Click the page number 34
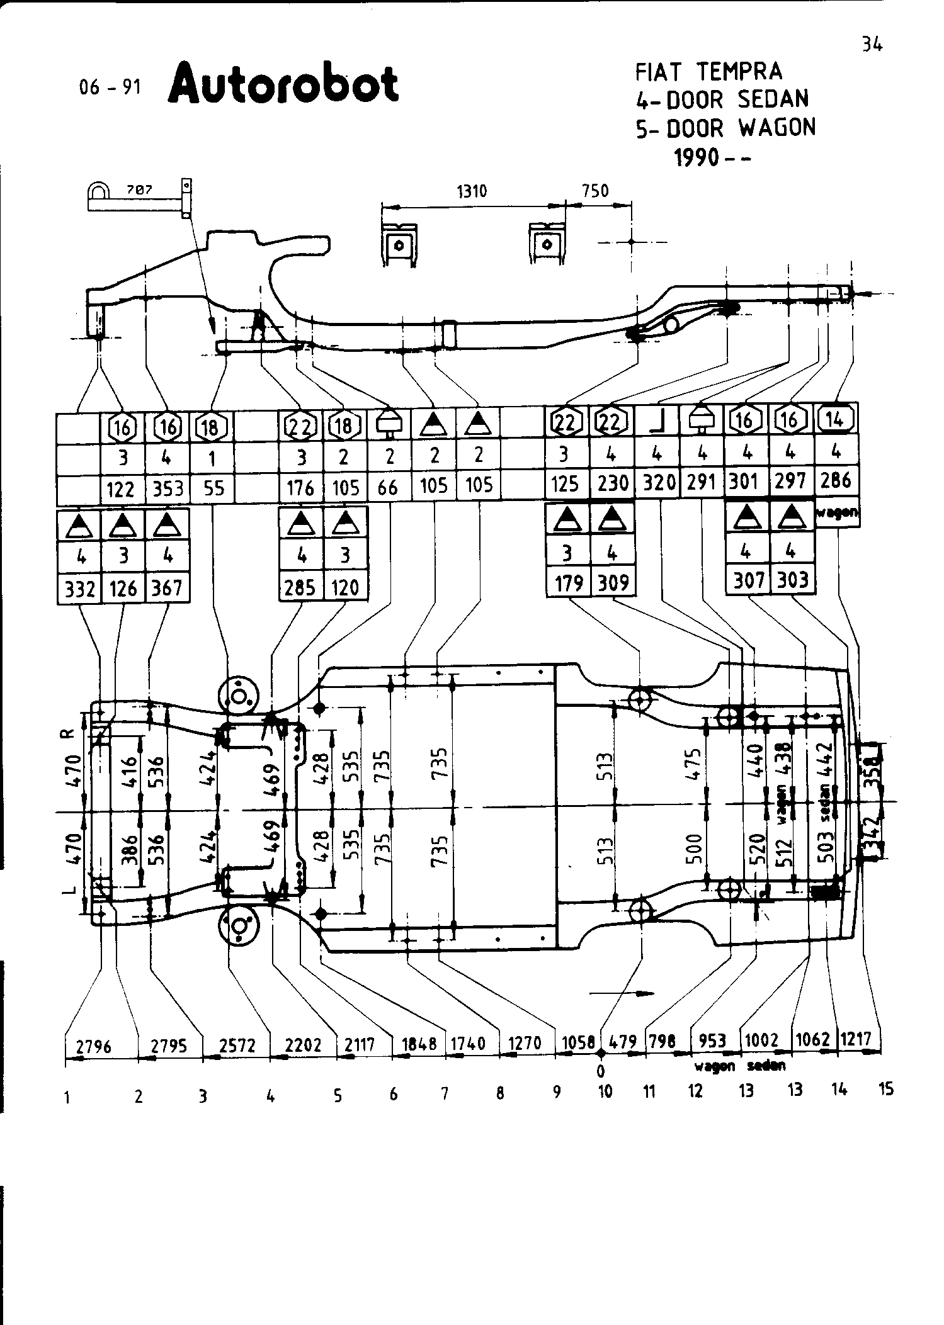872,44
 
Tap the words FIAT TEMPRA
708,72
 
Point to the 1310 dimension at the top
472,191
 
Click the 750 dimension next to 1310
596,191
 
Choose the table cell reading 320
659,483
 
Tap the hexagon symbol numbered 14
836,418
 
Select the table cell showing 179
568,583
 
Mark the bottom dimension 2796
94,1047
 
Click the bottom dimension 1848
419,1044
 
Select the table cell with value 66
389,487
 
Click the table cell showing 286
835,481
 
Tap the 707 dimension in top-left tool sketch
139,189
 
